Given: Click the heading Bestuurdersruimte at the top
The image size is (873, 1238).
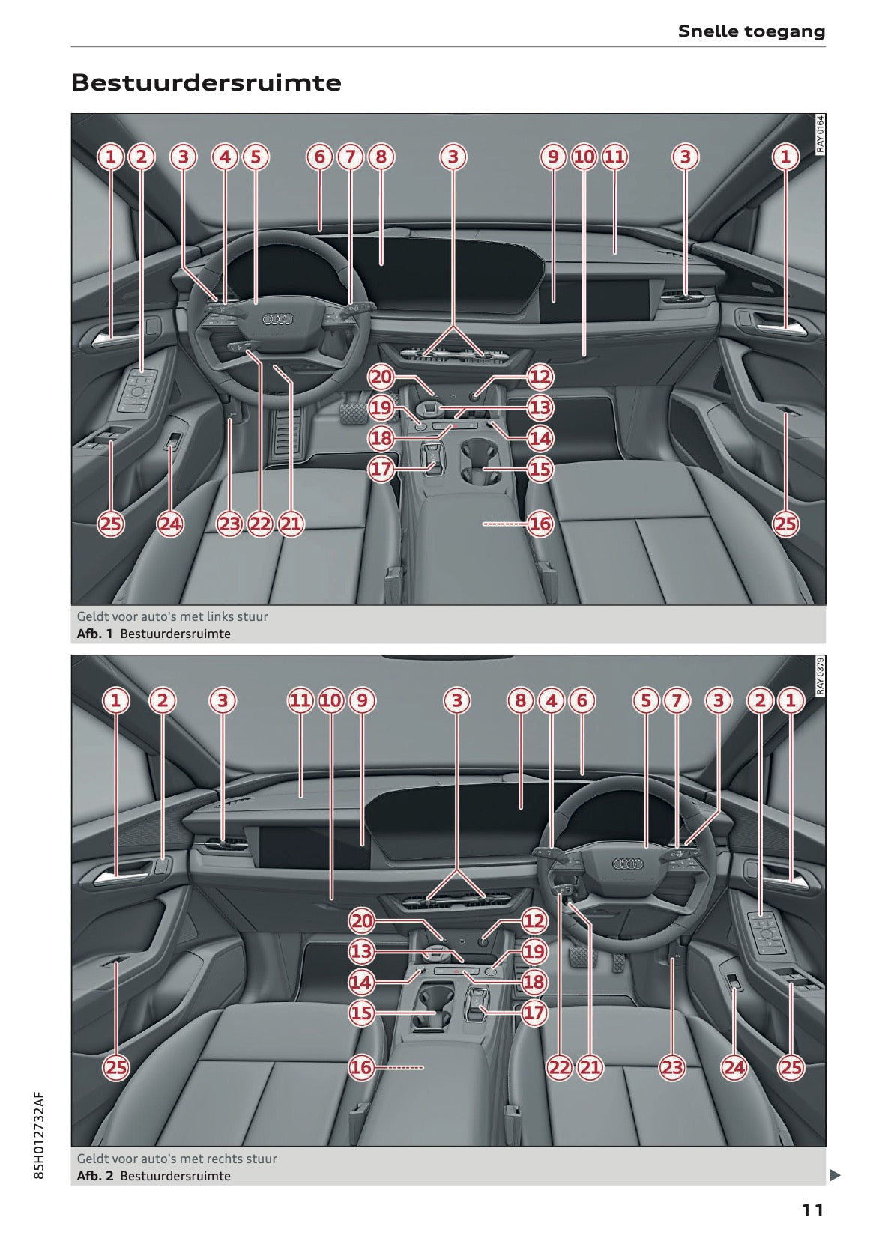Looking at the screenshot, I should pyautogui.click(x=206, y=82).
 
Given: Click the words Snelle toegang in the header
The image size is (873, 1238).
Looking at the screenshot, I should pyautogui.click(x=751, y=31).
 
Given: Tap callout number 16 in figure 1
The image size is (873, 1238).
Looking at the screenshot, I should pyautogui.click(x=540, y=524).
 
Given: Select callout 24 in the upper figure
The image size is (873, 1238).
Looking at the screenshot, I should pyautogui.click(x=170, y=524).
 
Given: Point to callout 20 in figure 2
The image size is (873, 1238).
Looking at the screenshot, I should pyautogui.click(x=362, y=921).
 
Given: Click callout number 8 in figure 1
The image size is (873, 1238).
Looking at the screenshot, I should pyautogui.click(x=381, y=157).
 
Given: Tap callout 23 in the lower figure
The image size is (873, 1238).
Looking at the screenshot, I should pyautogui.click(x=672, y=1067).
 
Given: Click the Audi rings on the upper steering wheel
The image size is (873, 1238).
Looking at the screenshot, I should pyautogui.click(x=277, y=320).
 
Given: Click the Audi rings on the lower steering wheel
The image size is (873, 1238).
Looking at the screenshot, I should pyautogui.click(x=627, y=864).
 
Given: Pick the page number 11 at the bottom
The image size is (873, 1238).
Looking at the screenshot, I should pyautogui.click(x=812, y=1210).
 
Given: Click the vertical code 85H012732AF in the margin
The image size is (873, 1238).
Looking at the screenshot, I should pyautogui.click(x=40, y=1135).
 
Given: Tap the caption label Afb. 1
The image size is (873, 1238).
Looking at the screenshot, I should pyautogui.click(x=94, y=634).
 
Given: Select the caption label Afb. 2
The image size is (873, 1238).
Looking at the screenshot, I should pyautogui.click(x=94, y=1176).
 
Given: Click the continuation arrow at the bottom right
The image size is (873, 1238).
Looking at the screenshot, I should pyautogui.click(x=835, y=1175).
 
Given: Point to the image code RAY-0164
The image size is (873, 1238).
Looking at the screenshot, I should pyautogui.click(x=820, y=134).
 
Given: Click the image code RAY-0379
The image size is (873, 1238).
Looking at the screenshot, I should pyautogui.click(x=820, y=676).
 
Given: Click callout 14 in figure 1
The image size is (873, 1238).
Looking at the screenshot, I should pyautogui.click(x=540, y=438).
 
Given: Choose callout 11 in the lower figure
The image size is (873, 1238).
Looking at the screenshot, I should pyautogui.click(x=300, y=700).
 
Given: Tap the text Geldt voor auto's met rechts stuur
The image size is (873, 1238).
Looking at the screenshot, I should pyautogui.click(x=177, y=1159).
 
